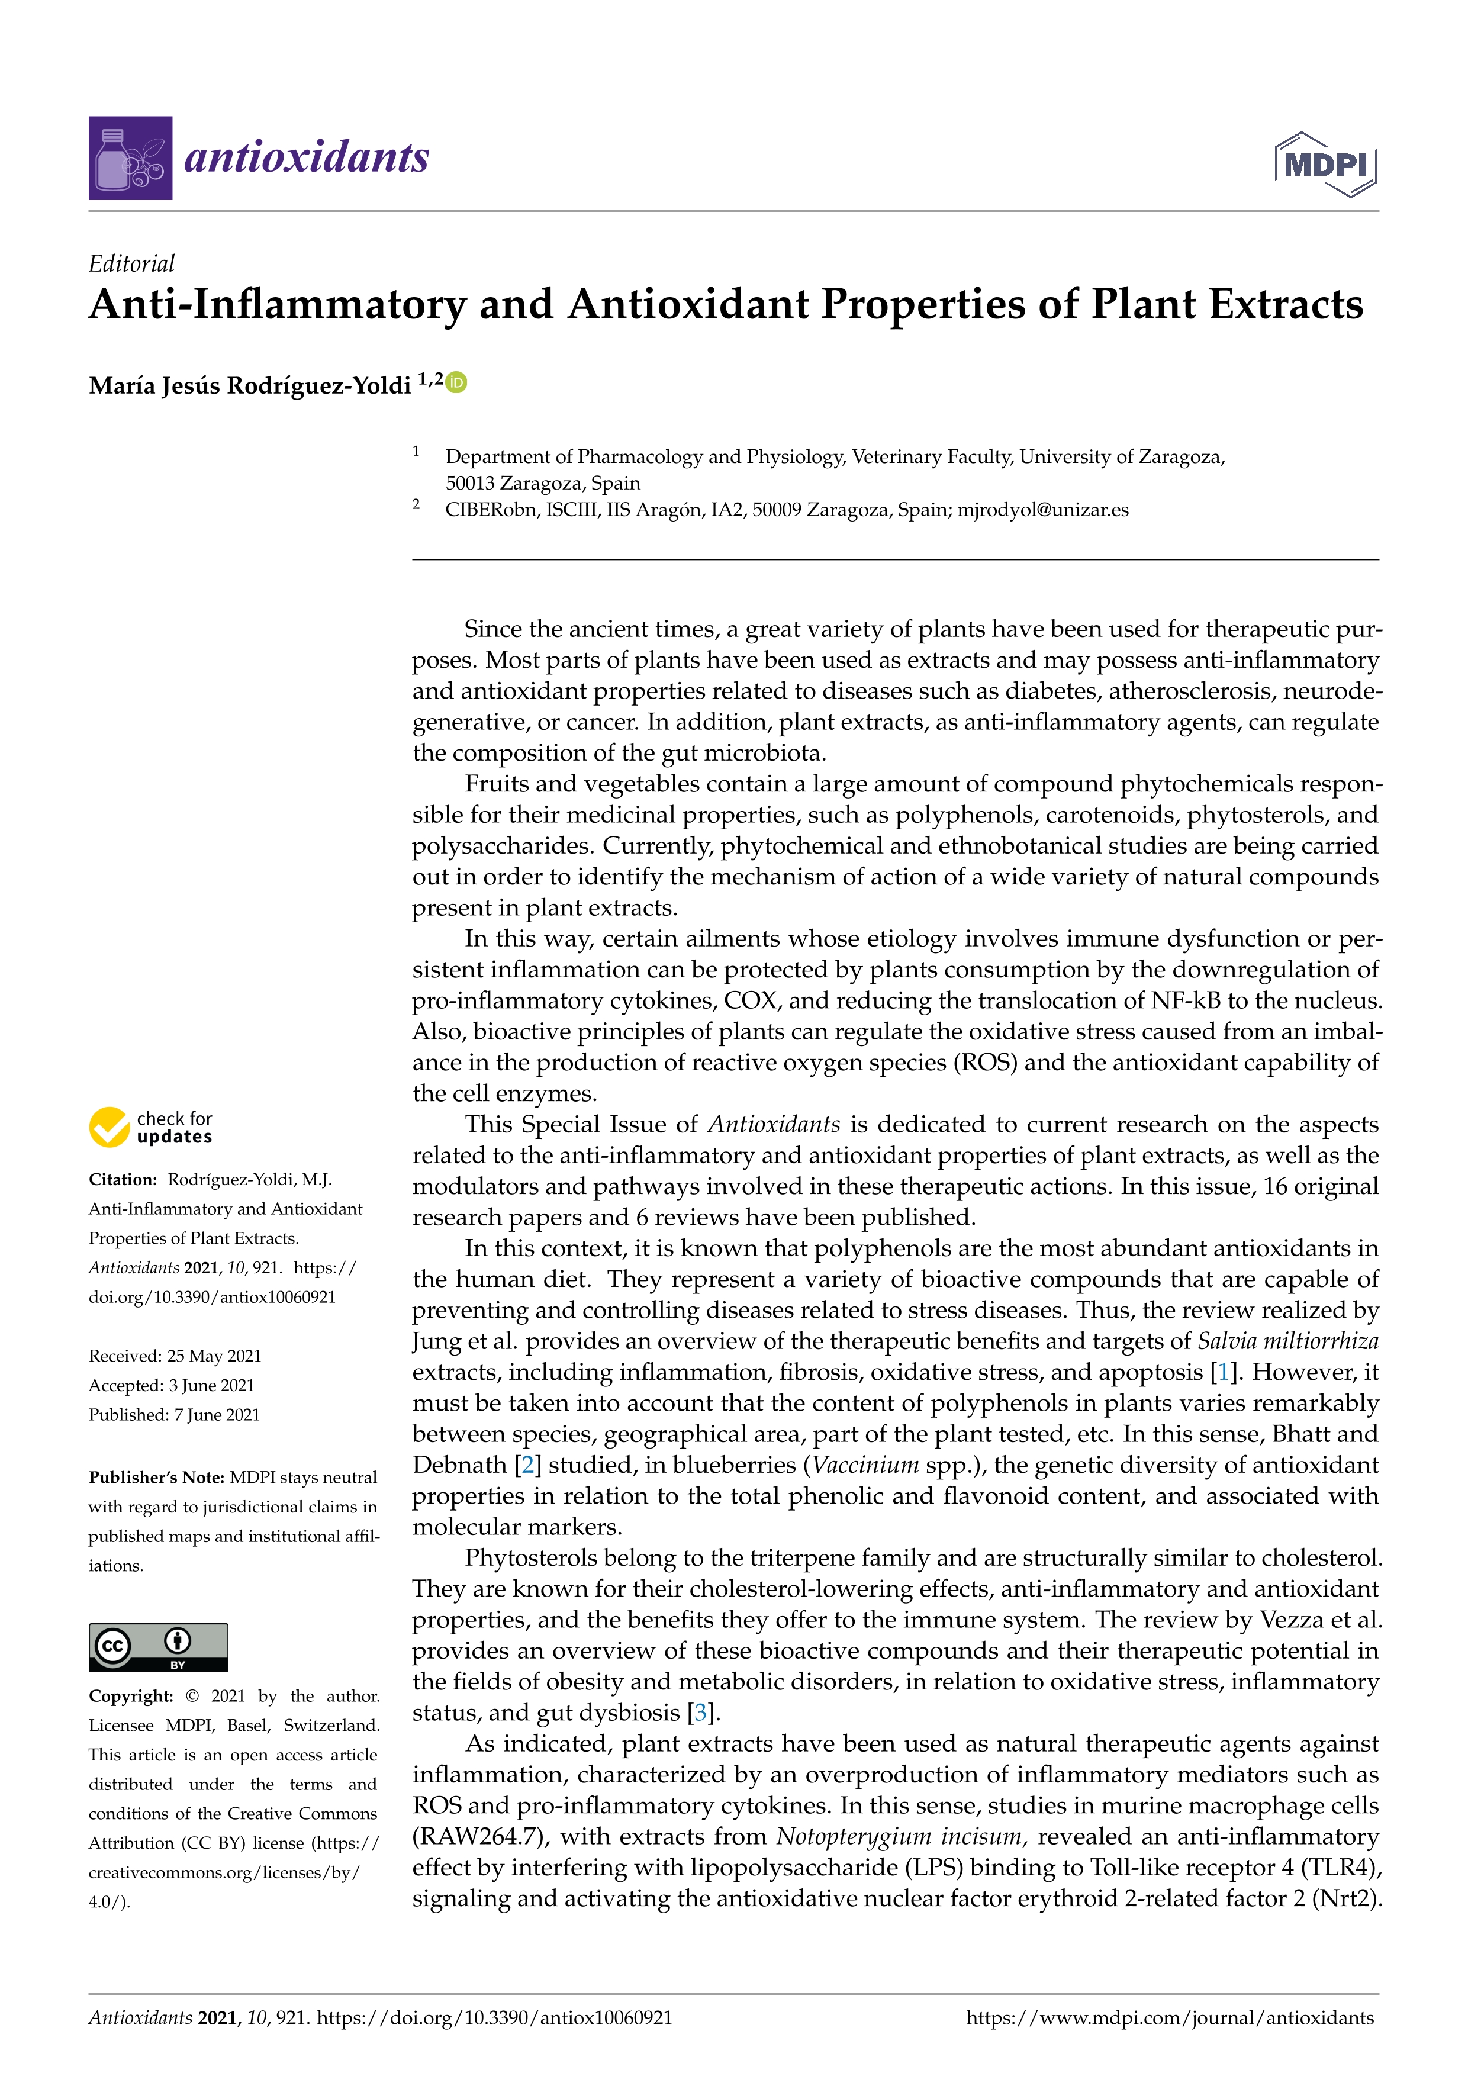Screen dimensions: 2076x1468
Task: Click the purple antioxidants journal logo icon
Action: tap(130, 158)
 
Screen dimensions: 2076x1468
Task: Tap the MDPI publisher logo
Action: tap(1325, 165)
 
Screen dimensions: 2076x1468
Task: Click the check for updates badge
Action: tap(151, 1128)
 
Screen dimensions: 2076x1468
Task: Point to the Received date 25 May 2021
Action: tap(175, 1356)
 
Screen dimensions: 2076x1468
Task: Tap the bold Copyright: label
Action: tap(131, 1696)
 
